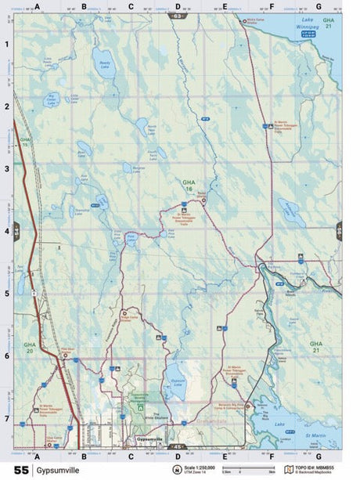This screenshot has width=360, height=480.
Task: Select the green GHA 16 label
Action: pyautogui.click(x=188, y=186)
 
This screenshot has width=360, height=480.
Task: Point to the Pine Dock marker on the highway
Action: pyautogui.click(x=67, y=353)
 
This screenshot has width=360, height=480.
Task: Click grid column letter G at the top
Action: pyautogui.click(x=319, y=6)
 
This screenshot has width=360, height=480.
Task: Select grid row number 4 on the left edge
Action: pyautogui.click(x=6, y=231)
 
